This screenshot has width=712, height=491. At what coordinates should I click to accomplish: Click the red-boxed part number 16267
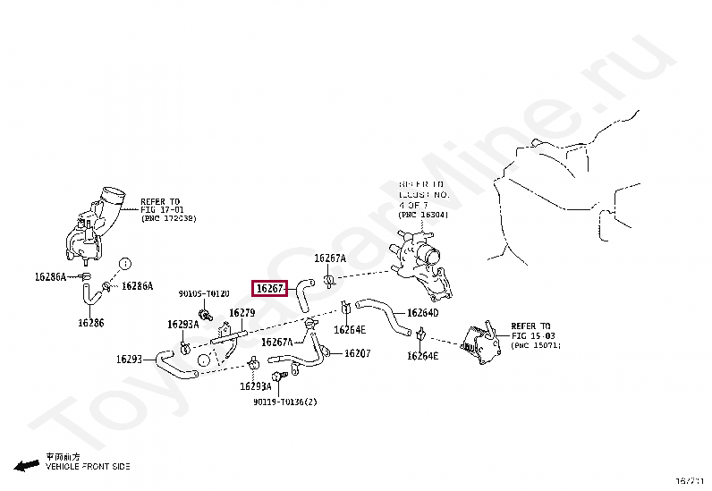pyautogui.click(x=269, y=289)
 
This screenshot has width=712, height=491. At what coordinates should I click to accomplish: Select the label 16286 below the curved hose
pyautogui.click(x=90, y=323)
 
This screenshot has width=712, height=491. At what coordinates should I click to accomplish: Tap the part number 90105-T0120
pyautogui.click(x=204, y=293)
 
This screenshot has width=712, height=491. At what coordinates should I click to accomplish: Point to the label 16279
pyautogui.click(x=242, y=313)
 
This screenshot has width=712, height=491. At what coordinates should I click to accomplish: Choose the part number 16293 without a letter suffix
pyautogui.click(x=129, y=360)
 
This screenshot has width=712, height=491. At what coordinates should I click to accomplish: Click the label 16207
pyautogui.click(x=357, y=354)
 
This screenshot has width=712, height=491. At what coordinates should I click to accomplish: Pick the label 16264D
pyautogui.click(x=422, y=313)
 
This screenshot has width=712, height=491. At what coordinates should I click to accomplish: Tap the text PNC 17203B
pyautogui.click(x=168, y=218)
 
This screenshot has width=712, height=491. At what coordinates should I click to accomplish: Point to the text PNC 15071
pyautogui.click(x=536, y=344)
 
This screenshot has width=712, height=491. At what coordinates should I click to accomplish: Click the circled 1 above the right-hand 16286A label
pyautogui.click(x=126, y=263)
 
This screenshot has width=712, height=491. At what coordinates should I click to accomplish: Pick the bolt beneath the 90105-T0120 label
pyautogui.click(x=207, y=315)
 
